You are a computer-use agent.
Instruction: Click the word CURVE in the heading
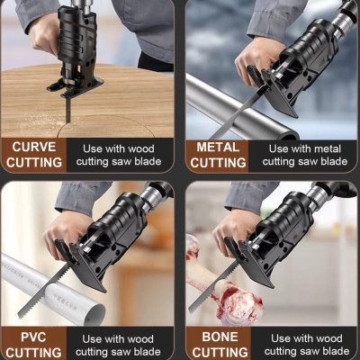[34, 147]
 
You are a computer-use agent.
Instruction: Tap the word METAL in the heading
[218, 148]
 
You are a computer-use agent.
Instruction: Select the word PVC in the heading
[33, 337]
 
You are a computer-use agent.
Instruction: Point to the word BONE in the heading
[220, 337]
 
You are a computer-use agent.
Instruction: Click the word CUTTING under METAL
[218, 163]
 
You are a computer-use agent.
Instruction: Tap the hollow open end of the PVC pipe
[94, 315]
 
